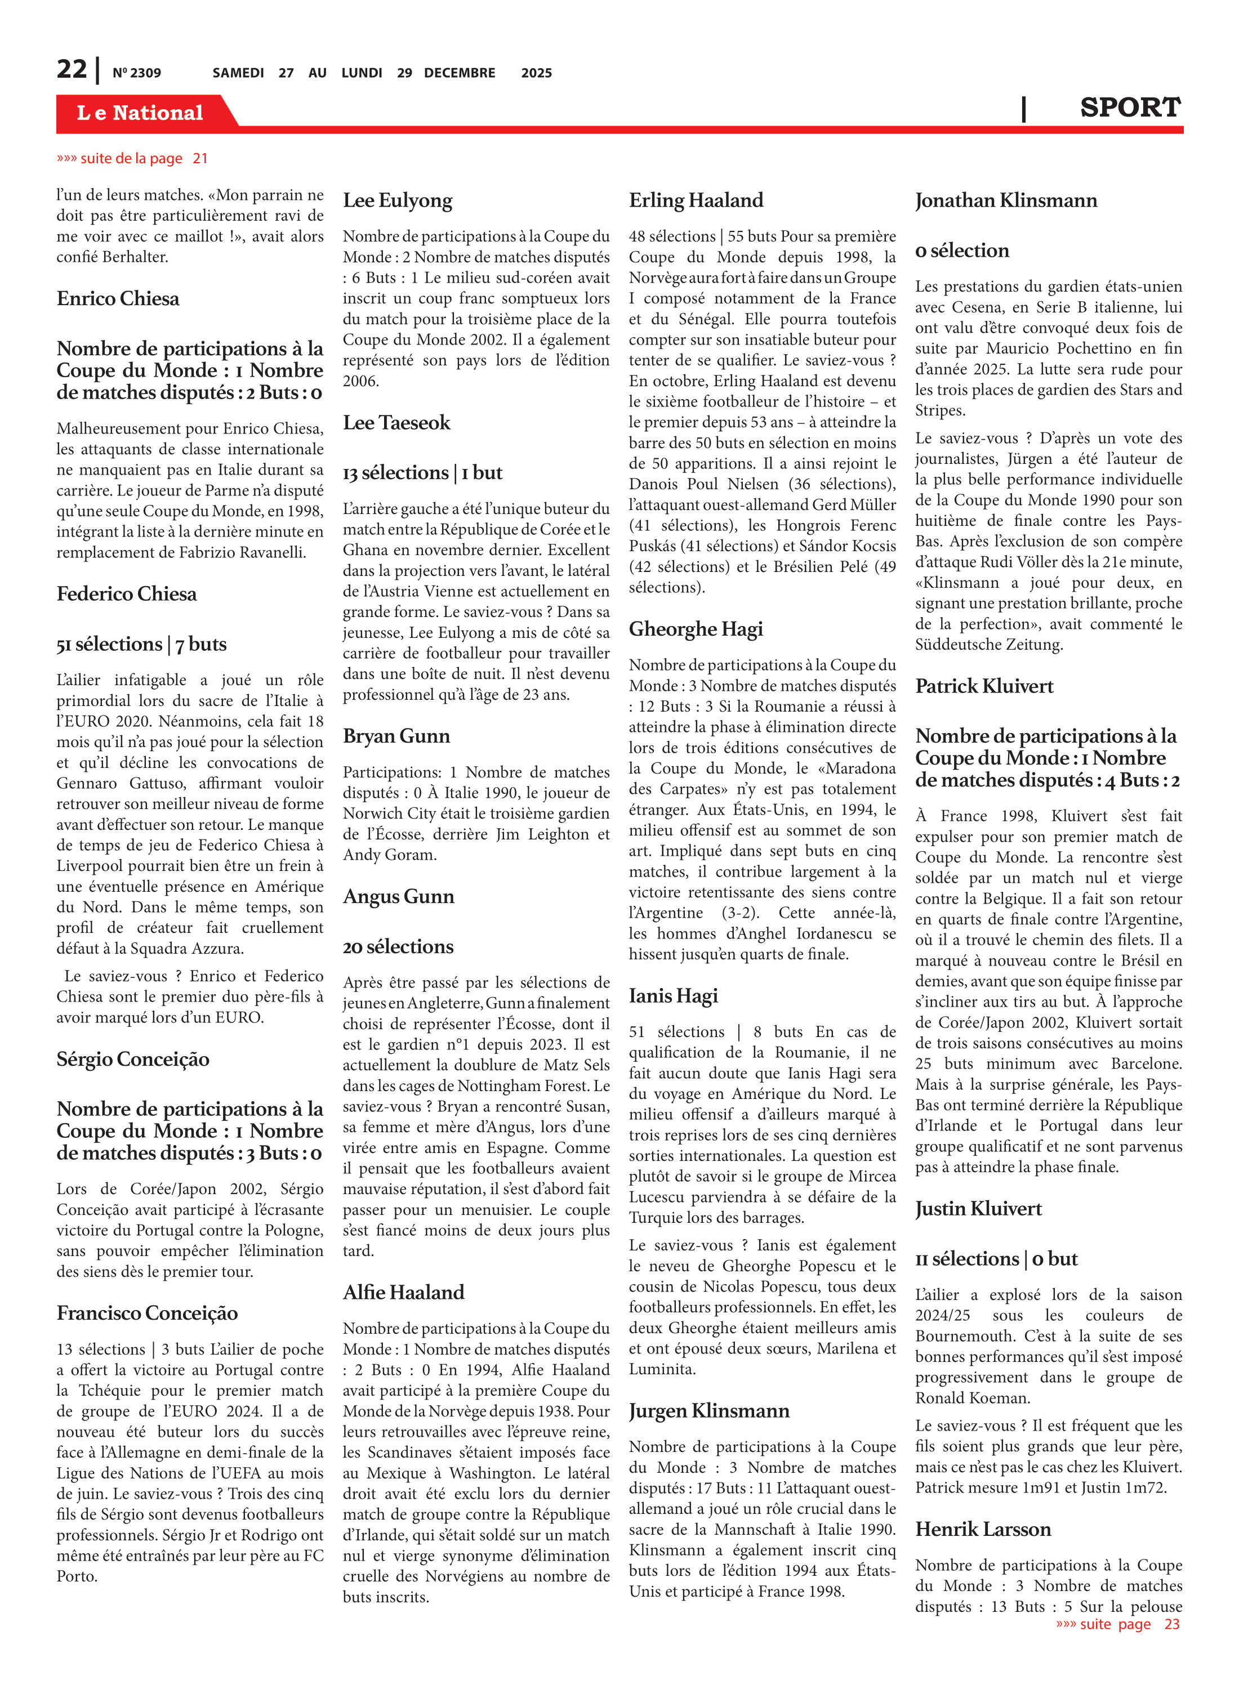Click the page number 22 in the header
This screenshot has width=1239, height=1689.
click(x=72, y=70)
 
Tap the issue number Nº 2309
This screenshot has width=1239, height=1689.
click(x=136, y=73)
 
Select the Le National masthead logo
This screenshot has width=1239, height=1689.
click(x=140, y=113)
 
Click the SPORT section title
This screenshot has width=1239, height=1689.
click(x=1130, y=108)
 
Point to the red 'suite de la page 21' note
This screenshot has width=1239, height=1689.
click(x=132, y=158)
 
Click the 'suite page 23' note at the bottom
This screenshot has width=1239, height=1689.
click(x=1117, y=1624)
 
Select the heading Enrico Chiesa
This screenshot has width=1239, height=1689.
click(x=118, y=298)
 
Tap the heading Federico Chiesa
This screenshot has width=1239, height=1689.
click(x=126, y=594)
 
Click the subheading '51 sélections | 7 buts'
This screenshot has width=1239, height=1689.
click(x=141, y=644)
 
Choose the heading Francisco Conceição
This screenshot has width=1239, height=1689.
click(x=147, y=1313)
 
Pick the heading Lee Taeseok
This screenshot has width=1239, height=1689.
click(x=396, y=423)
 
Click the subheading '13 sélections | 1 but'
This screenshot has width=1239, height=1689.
click(x=422, y=473)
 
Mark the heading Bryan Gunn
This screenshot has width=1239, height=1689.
click(x=396, y=736)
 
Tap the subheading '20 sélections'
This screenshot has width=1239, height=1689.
click(x=398, y=947)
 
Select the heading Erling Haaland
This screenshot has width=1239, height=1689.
click(x=696, y=200)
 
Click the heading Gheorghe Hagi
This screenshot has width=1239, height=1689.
click(x=696, y=629)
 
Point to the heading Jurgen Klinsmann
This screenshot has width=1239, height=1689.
click(x=708, y=1411)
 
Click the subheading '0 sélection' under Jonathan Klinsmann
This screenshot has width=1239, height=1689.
click(x=961, y=251)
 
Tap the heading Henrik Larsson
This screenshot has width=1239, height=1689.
click(x=983, y=1529)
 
